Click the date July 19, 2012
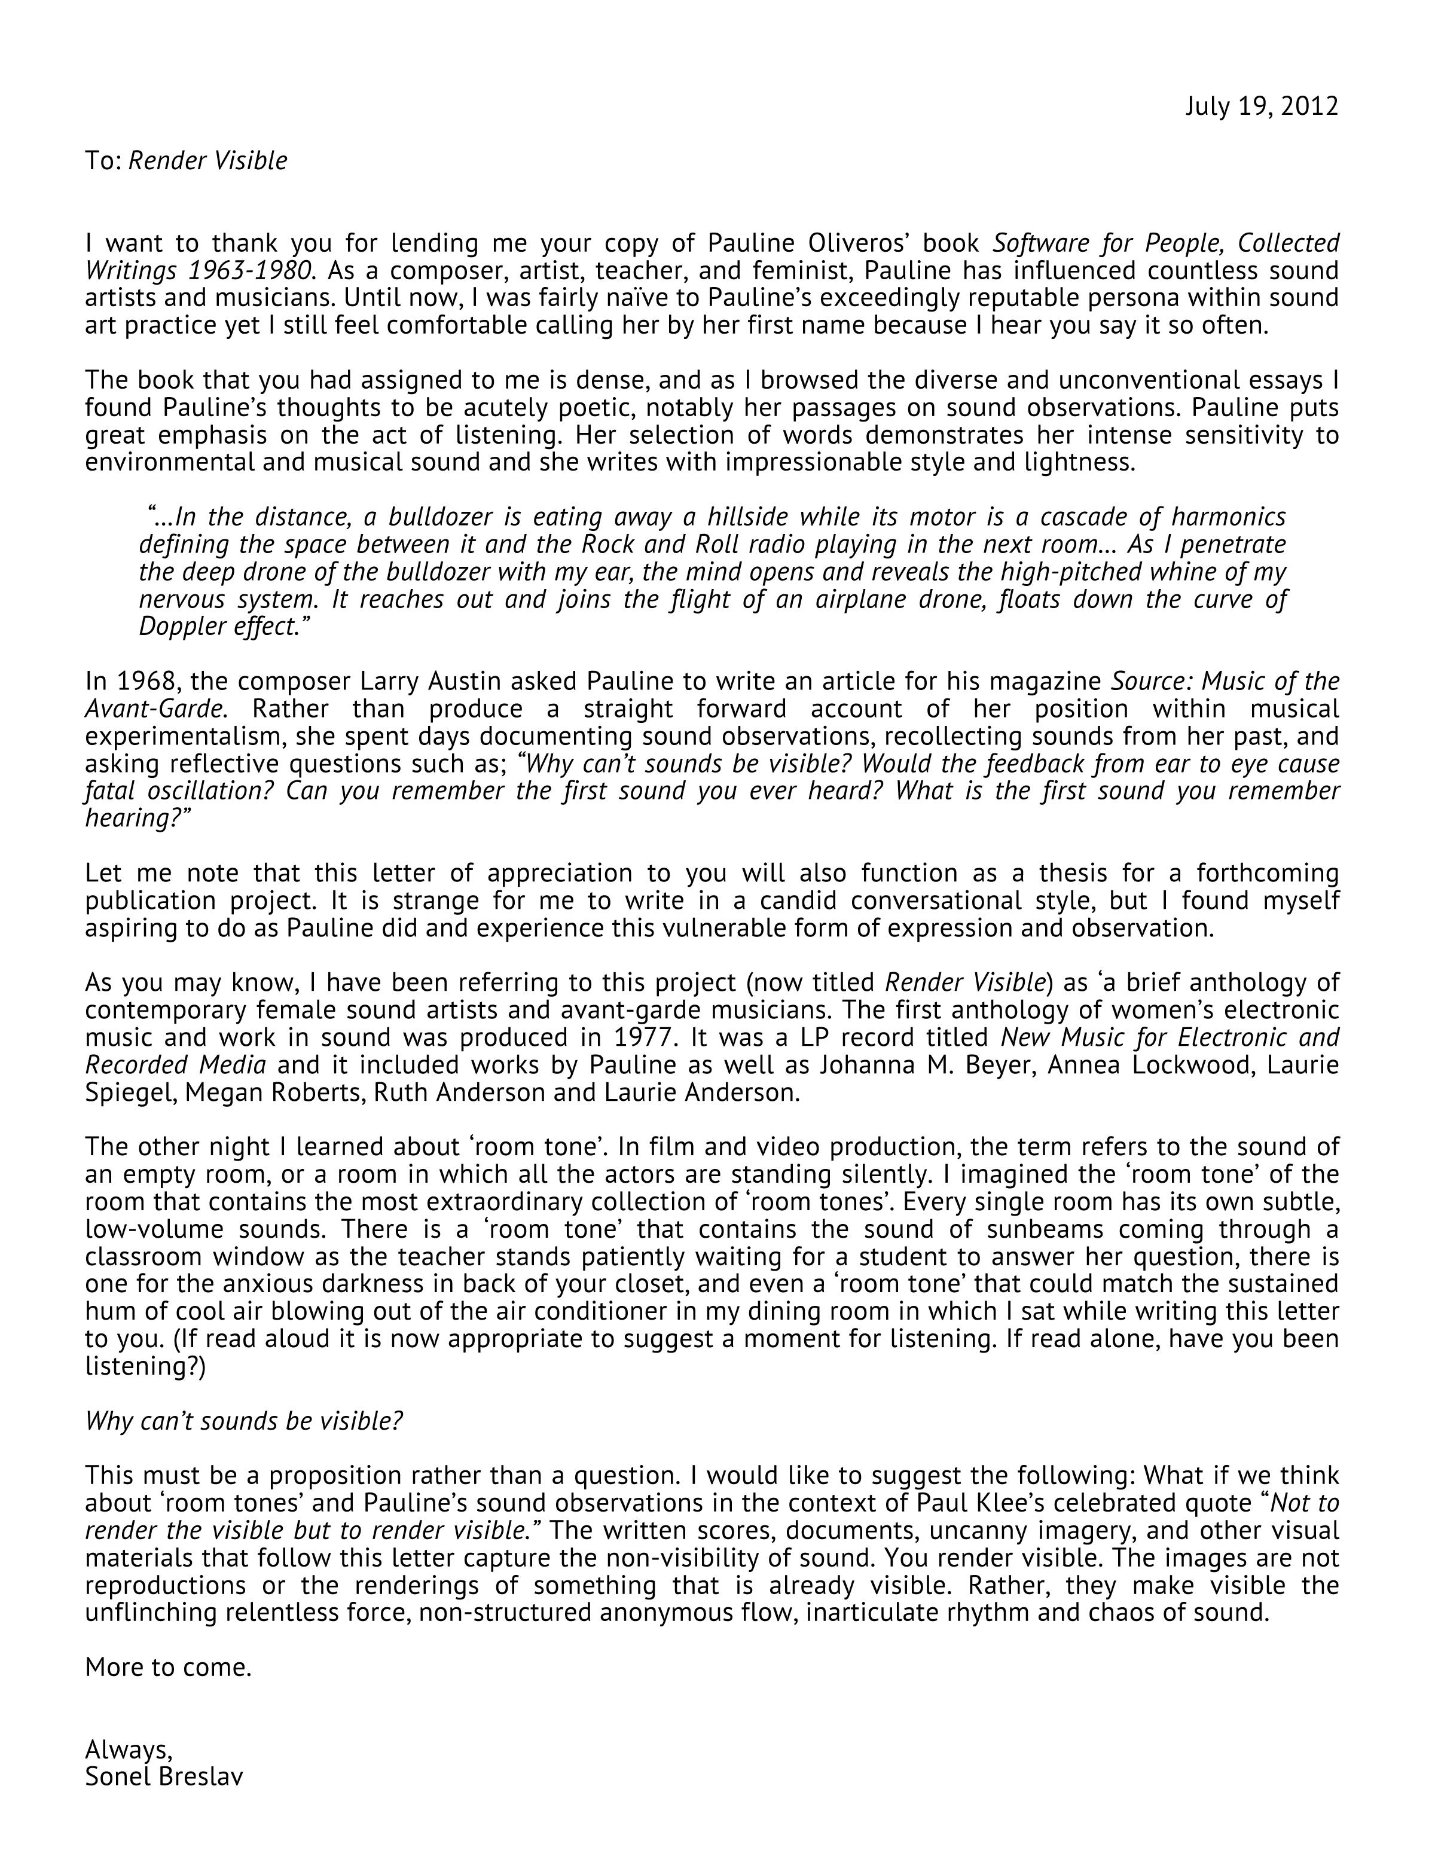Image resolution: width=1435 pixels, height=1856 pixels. pos(1261,106)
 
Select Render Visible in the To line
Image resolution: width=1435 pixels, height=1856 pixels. pos(207,161)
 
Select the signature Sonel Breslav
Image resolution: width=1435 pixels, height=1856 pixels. pos(164,1776)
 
